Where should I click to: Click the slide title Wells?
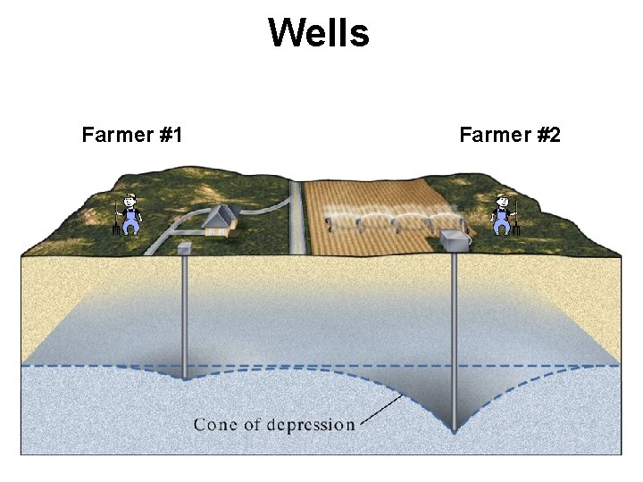(x=318, y=34)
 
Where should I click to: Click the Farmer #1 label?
(x=132, y=135)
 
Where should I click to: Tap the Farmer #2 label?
(x=510, y=135)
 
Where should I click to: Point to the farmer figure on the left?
(x=130, y=214)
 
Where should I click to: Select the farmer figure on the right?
(x=504, y=214)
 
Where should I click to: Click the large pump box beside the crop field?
(x=455, y=239)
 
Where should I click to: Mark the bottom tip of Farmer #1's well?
(x=185, y=377)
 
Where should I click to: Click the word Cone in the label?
(x=216, y=424)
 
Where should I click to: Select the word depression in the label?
(x=312, y=424)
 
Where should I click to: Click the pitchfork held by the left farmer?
(x=116, y=219)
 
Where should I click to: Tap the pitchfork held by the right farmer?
(x=518, y=219)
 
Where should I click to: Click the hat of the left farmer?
(x=130, y=196)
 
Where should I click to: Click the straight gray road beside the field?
(x=296, y=219)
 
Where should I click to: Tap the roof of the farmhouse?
(x=217, y=214)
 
